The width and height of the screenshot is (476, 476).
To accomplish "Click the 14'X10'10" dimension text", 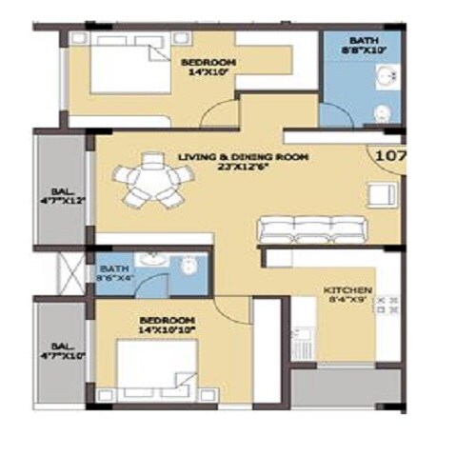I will coord(167,329).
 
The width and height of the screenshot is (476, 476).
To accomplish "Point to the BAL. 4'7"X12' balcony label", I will coord(62,194).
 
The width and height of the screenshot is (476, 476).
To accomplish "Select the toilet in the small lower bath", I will coord(190,264).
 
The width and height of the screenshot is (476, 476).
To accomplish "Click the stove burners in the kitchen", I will coord(387,305).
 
